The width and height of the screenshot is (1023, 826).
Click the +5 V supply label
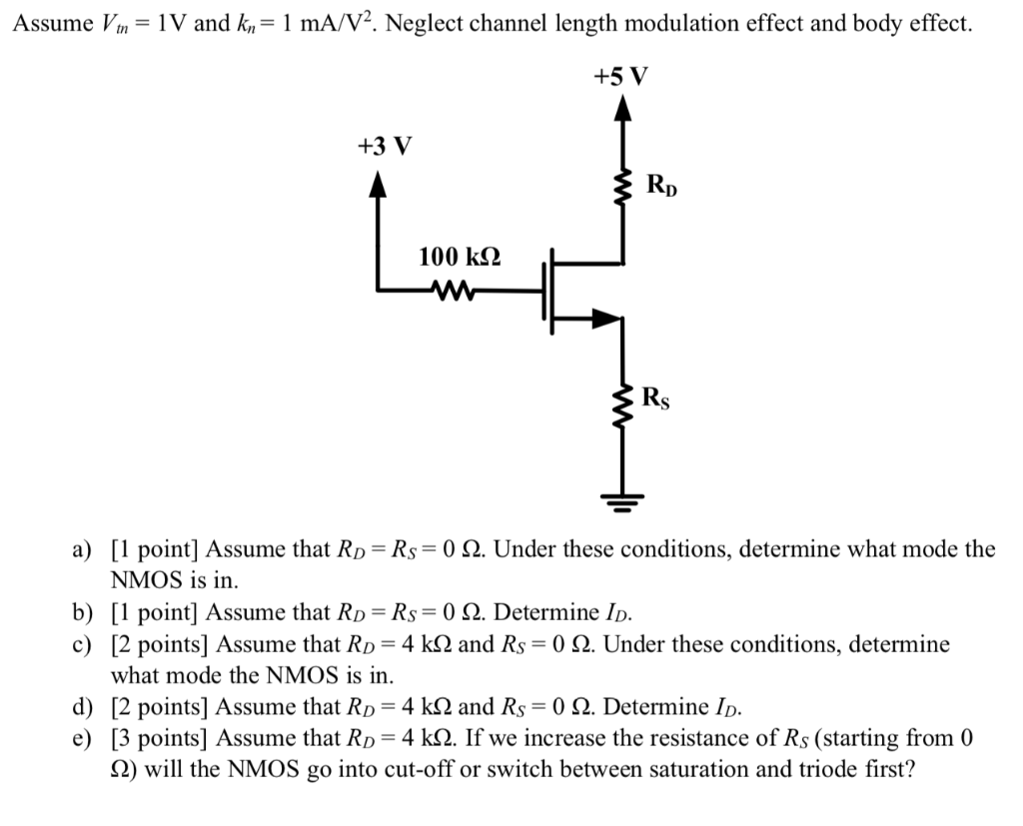point(620,76)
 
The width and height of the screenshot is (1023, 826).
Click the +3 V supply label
point(384,147)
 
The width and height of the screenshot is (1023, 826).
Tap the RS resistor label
point(656,400)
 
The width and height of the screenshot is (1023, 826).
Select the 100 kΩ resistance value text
point(460,257)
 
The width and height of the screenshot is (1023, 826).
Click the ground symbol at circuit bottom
point(623,502)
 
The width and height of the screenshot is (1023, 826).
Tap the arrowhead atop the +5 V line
point(622,106)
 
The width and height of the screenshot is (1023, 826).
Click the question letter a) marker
point(81,549)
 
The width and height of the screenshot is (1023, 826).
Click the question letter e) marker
point(81,738)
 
